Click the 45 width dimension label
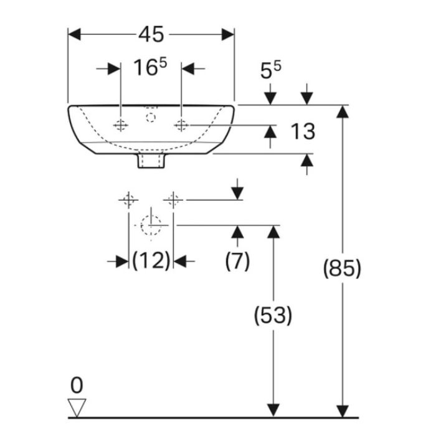[151, 34]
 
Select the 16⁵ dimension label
[150, 67]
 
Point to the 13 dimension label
[303, 131]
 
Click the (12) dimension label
[151, 260]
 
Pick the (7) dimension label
[237, 261]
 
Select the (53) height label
[273, 315]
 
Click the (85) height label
[342, 268]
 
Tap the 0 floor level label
[77, 386]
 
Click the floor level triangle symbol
[77, 407]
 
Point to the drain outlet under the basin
[151, 161]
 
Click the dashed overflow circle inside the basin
[151, 118]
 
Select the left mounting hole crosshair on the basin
[121, 125]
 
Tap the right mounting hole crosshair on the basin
[181, 125]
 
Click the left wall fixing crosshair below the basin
[128, 200]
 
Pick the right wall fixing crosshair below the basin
[173, 200]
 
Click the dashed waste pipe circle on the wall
[151, 225]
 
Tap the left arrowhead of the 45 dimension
[74, 34]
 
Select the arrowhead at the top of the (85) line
[343, 111]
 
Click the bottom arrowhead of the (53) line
[273, 411]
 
